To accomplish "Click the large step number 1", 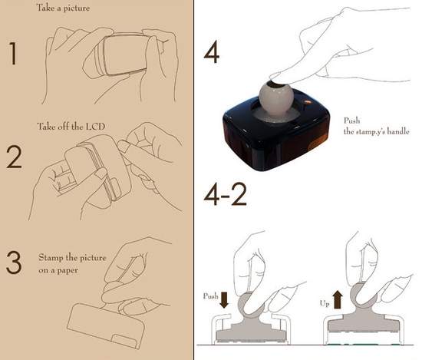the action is tap(13, 53).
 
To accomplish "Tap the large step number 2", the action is tap(14, 157).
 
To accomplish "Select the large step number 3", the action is tap(14, 263).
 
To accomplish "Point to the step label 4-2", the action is tap(225, 194).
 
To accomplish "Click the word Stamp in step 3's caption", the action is tap(51, 258).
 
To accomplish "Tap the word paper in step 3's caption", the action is tap(68, 271).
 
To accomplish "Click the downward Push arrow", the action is tap(224, 300).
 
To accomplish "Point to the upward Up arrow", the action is tap(338, 299).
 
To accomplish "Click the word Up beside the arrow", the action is tap(325, 303).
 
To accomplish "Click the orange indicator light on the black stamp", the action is tap(307, 102).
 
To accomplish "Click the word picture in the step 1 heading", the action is tap(76, 8).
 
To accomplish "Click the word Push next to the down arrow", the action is tap(210, 296).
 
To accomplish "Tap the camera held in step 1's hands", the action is tap(123, 54).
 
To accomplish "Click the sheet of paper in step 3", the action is tap(106, 325).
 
